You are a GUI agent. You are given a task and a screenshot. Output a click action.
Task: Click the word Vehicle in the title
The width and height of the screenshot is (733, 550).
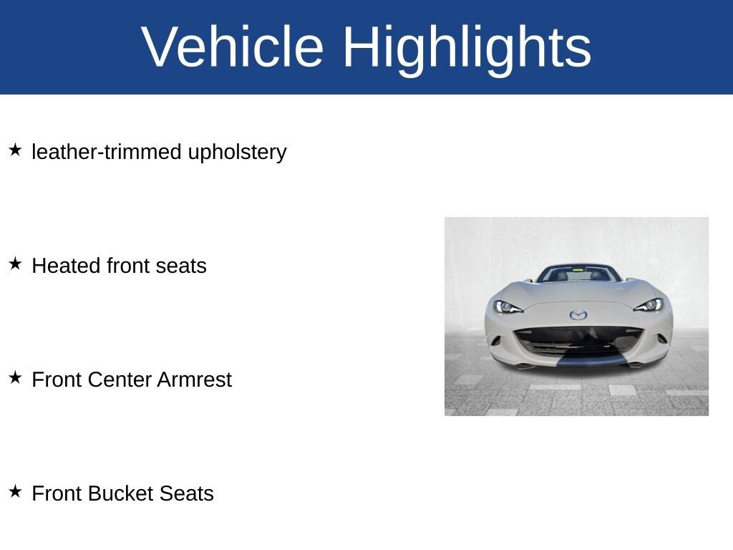233,47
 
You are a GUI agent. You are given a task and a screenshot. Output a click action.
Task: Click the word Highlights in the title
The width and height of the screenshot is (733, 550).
467,48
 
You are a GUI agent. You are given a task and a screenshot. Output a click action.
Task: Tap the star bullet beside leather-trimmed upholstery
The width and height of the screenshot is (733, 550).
15,150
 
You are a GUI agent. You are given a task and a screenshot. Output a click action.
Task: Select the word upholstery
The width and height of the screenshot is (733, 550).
237,153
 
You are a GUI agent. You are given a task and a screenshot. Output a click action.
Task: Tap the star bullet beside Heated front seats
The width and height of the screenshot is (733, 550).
15,264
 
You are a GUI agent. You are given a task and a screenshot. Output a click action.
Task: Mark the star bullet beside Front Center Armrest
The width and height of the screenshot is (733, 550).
15,378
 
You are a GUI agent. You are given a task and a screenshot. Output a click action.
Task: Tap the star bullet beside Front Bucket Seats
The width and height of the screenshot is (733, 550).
15,492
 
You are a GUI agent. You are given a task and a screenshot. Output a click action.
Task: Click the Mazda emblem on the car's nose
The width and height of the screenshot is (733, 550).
578,314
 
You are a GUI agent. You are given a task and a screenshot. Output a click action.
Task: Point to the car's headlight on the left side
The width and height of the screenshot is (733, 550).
508,307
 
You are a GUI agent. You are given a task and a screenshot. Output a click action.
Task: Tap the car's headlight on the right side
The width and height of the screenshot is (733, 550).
649,305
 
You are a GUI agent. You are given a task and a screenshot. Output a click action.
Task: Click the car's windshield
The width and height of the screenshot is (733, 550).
578,274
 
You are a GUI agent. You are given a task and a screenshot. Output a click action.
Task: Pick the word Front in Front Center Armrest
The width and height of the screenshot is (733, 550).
57,380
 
